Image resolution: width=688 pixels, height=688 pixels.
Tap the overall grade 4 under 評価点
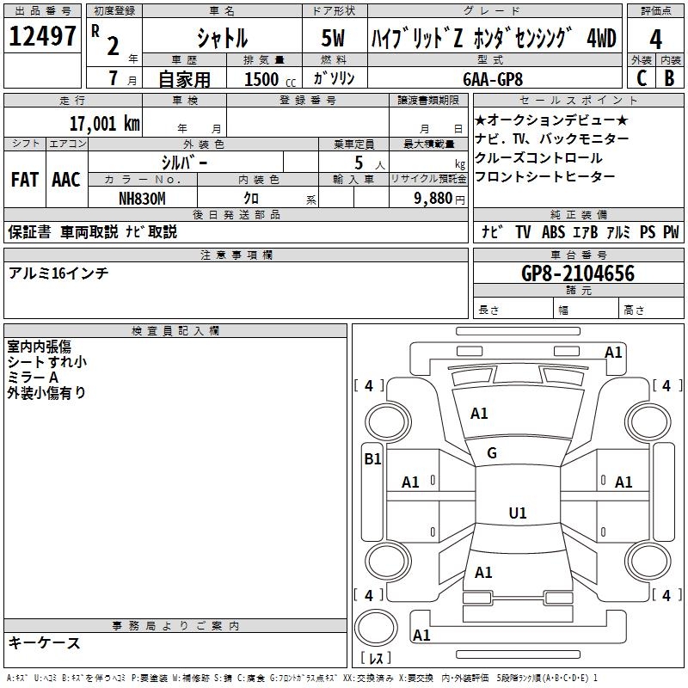(656, 40)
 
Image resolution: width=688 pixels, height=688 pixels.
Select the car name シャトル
(222, 39)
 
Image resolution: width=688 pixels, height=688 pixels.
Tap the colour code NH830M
(142, 197)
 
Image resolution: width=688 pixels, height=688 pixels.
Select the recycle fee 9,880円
(439, 198)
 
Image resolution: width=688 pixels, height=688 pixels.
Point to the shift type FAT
(25, 180)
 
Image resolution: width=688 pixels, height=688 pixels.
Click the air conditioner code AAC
(66, 180)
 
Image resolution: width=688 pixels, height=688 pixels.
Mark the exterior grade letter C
(641, 77)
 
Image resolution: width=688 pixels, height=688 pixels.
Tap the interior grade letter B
(669, 77)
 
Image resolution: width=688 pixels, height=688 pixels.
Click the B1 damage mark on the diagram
(372, 459)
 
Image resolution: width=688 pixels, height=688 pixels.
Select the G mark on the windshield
(492, 453)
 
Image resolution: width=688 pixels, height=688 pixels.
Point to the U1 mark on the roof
(517, 513)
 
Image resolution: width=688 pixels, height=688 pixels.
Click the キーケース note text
(45, 642)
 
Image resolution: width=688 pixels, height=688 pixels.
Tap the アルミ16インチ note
(58, 273)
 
